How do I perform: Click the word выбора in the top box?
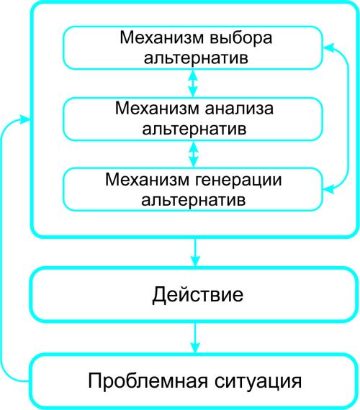tap(241, 38)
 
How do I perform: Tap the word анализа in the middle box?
tap(239, 108)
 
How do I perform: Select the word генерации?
tap(238, 180)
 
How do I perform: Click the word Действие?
tap(198, 295)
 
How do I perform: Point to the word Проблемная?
tap(148, 381)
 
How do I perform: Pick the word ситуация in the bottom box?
tap(258, 382)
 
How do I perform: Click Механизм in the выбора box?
tap(161, 37)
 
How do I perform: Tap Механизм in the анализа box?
tap(157, 108)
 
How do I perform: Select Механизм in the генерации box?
tap(147, 180)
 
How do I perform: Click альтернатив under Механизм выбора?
tap(196, 58)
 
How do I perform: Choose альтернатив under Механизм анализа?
tap(194, 129)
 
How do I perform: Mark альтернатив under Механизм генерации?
tap(194, 200)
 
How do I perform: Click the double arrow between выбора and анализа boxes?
tap(193, 83)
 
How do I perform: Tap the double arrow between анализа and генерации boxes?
tap(193, 154)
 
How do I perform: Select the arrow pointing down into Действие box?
tap(194, 252)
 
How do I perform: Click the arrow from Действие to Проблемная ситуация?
tap(194, 338)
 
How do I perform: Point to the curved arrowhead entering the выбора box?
tap(329, 47)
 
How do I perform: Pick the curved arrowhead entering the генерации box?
tap(329, 188)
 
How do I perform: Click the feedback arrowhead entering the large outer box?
tap(25, 119)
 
